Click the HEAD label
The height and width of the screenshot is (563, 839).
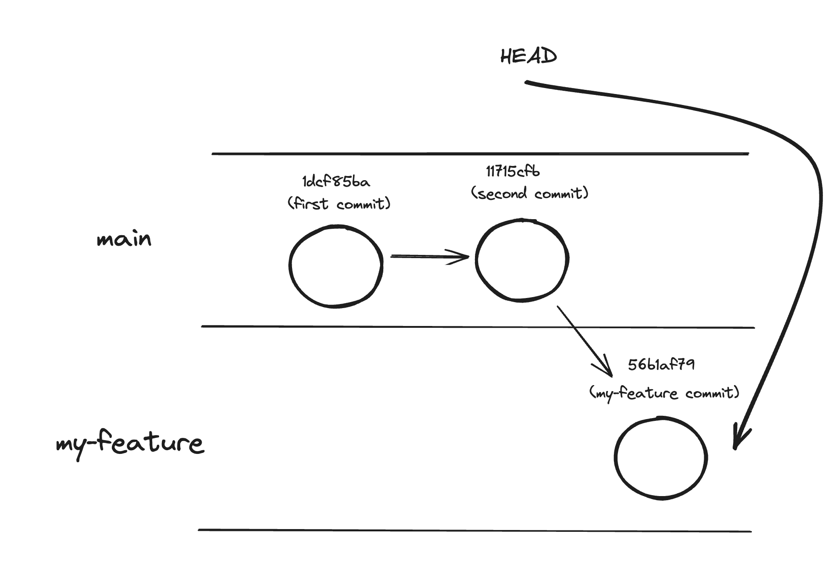[x=528, y=56]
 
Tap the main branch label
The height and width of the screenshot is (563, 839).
[x=124, y=239]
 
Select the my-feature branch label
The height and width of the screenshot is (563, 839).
[x=130, y=443]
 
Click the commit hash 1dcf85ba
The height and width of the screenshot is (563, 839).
[x=336, y=182]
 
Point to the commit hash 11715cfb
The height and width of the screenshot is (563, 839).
[x=513, y=171]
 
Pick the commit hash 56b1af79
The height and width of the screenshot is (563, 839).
[x=661, y=364]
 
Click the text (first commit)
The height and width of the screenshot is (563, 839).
[x=339, y=203]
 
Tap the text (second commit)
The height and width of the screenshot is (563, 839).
[x=530, y=193]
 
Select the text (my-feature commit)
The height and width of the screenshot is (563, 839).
[x=664, y=393]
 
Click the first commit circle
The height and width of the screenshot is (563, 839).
[x=336, y=266]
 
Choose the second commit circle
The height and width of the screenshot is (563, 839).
[x=522, y=260]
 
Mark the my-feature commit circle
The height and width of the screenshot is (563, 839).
[x=661, y=458]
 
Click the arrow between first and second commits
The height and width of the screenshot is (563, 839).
[x=429, y=257]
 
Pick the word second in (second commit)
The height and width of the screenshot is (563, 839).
[x=502, y=193]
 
